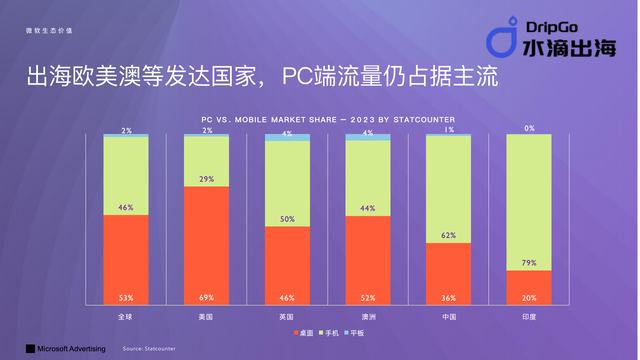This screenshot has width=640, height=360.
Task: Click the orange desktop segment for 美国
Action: pyautogui.click(x=206, y=240)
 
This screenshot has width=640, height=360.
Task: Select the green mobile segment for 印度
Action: pyautogui.click(x=529, y=200)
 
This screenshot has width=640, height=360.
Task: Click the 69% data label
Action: pyautogui.click(x=206, y=297)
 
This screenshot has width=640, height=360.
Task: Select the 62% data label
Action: pyautogui.click(x=448, y=236)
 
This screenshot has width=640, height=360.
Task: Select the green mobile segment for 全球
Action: pyautogui.click(x=125, y=175)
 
